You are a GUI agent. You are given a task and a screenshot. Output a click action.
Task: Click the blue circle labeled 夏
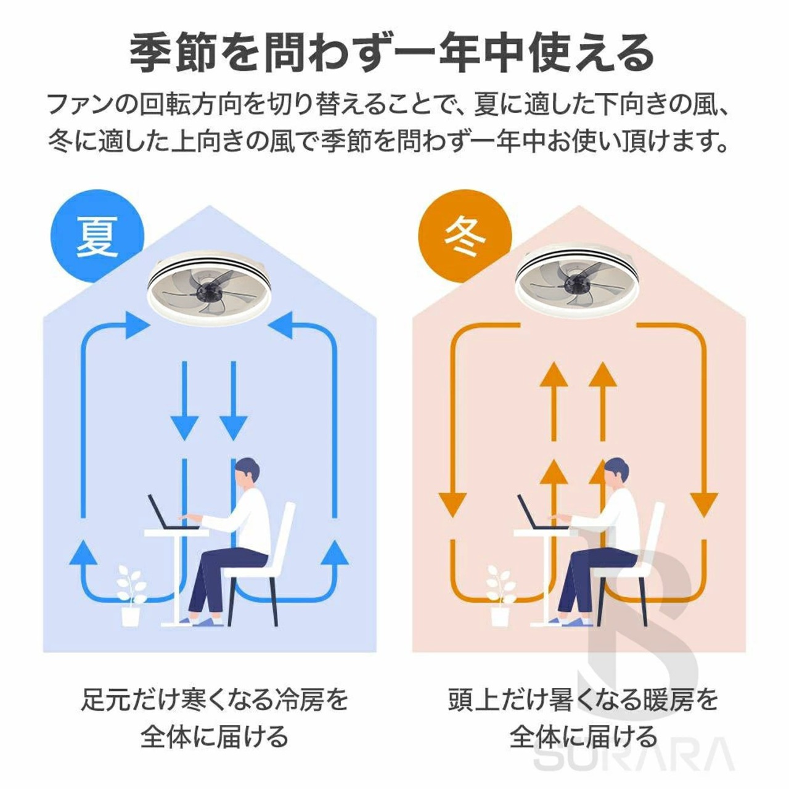click(x=97, y=236)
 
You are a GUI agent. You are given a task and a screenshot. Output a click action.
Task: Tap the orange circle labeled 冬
click(x=465, y=236)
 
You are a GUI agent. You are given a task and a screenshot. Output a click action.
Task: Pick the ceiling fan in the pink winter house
click(x=577, y=284)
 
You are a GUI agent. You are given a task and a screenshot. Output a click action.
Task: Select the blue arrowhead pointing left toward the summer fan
click(x=280, y=325)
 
